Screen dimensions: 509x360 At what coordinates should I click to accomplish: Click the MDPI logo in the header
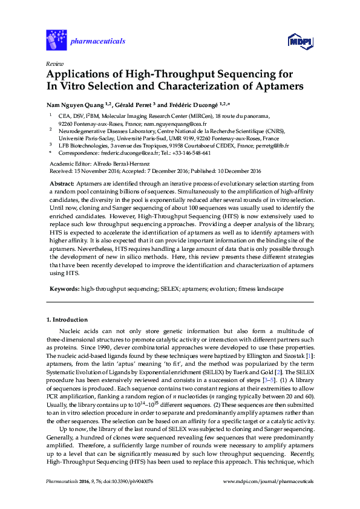click(x=299, y=41)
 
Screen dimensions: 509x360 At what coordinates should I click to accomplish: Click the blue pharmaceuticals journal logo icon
click(x=56, y=41)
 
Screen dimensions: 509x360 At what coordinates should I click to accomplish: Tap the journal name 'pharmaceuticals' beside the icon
click(x=99, y=41)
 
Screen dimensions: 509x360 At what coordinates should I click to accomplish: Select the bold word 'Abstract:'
click(x=61, y=182)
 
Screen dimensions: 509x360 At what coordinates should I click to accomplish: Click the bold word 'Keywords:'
click(x=64, y=290)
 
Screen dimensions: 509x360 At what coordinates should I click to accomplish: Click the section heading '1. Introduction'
click(x=67, y=319)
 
